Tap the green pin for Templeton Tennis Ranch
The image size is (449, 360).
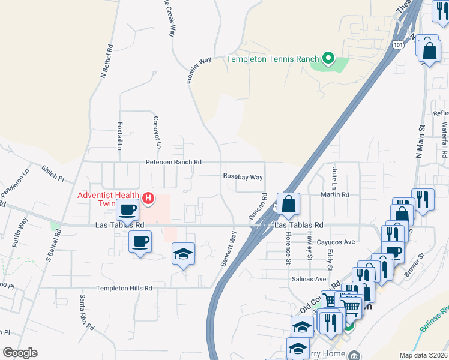point(328,58)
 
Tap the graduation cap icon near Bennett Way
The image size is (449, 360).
point(184,254)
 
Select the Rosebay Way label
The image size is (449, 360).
point(243,177)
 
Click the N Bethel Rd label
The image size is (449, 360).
point(106,62)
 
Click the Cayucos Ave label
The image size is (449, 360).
point(337,242)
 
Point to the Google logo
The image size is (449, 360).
point(20,353)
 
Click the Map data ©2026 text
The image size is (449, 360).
point(423,355)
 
